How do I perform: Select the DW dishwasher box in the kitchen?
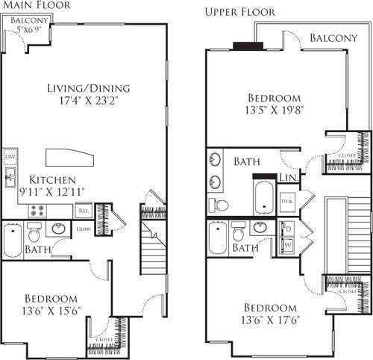(10, 158)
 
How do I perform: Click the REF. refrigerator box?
(84, 211)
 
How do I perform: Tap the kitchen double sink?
(11, 179)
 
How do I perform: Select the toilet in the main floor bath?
(60, 229)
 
